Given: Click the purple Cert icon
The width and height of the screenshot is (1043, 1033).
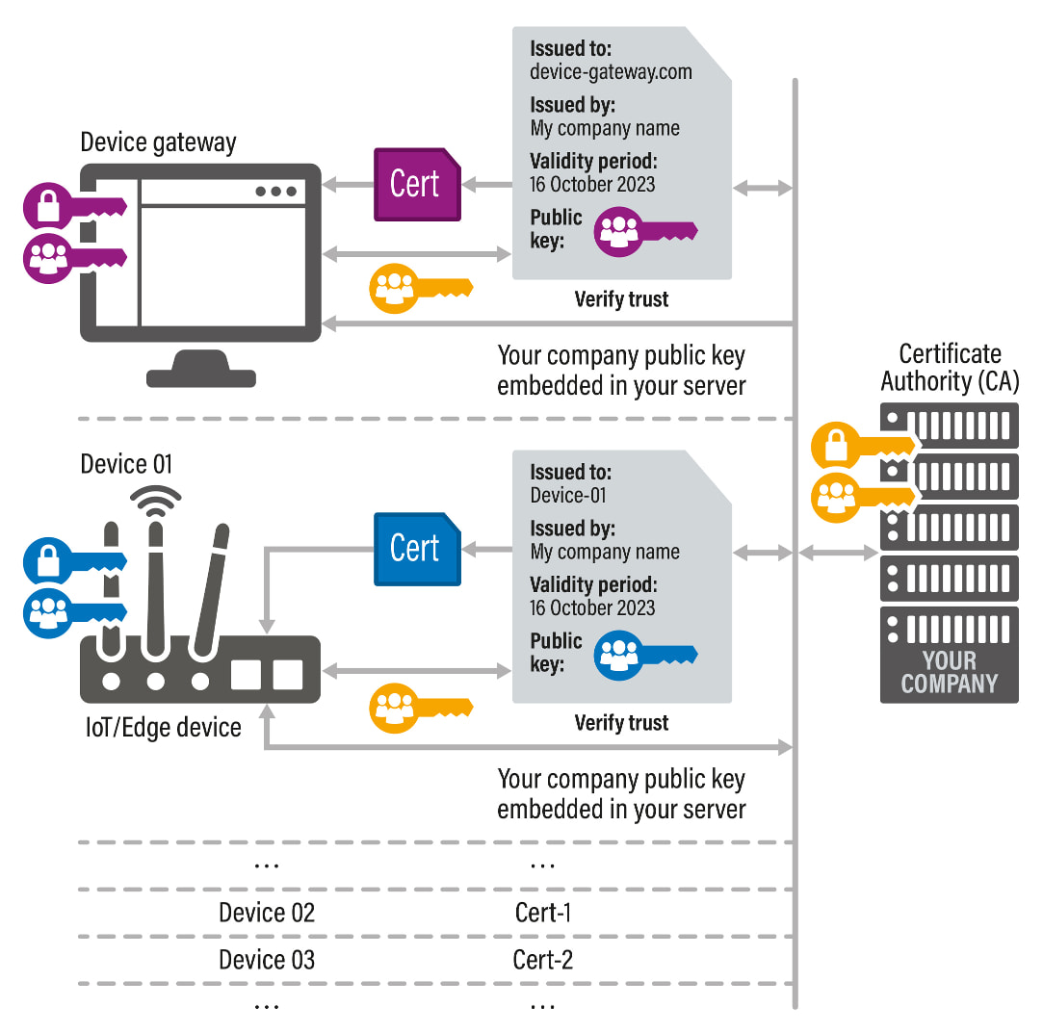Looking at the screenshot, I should point(416,184).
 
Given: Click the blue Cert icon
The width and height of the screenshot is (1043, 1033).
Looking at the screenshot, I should point(416,549).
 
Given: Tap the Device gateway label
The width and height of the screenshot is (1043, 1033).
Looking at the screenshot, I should point(158,143).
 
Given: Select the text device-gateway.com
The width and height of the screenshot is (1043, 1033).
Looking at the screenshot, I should point(611,71).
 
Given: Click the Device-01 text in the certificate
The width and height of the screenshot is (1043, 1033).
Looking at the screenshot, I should point(568,496).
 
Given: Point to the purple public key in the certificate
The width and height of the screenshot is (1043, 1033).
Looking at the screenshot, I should point(643,231).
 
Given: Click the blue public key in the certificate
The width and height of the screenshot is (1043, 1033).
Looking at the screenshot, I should point(643,655).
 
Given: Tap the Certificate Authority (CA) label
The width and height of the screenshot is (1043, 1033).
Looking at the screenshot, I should point(949,367).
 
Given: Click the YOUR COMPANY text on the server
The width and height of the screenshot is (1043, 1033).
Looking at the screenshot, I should point(949,672).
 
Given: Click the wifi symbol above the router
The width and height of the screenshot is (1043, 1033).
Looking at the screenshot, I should point(155,500).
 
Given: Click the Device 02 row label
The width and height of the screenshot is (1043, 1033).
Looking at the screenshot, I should point(266,913).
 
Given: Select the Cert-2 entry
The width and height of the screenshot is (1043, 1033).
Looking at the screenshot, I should point(543,960).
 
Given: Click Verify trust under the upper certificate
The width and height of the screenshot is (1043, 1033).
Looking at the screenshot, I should point(621,299).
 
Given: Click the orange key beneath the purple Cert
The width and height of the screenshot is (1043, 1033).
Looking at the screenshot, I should point(419,287).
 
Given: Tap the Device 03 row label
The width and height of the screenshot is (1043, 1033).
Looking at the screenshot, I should point(266,960).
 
